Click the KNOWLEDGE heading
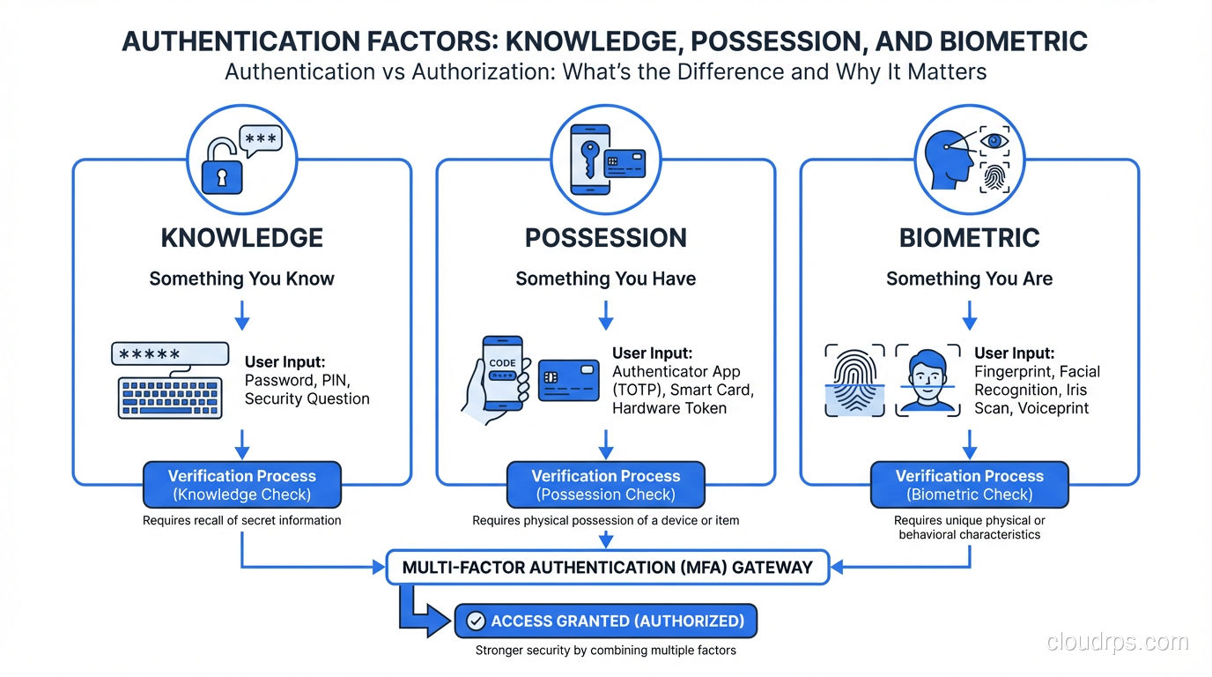(x=242, y=238)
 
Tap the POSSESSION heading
(x=606, y=238)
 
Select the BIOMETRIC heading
(x=969, y=238)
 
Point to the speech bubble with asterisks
(x=262, y=142)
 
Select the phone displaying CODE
(x=502, y=373)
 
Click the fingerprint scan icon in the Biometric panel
(x=854, y=380)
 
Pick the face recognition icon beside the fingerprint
(x=927, y=380)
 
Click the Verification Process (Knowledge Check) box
(x=242, y=485)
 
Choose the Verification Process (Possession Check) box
(x=606, y=485)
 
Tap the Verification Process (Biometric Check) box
(x=969, y=485)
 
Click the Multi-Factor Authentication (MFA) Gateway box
(x=608, y=568)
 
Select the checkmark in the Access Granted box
(x=476, y=621)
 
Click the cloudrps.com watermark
(x=1117, y=643)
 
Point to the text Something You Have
(x=606, y=279)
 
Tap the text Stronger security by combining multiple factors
(x=606, y=651)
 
